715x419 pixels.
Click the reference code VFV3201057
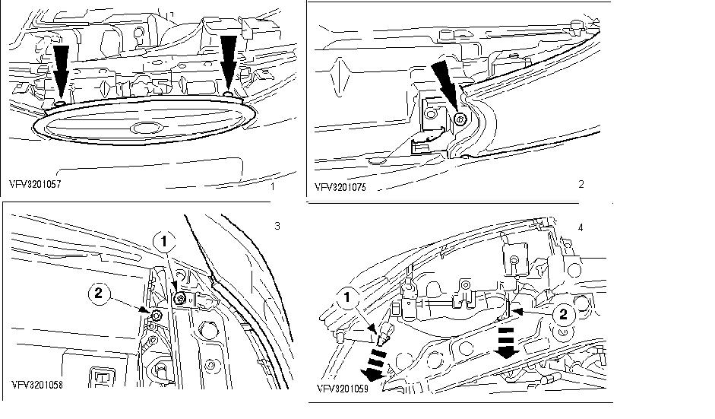36,184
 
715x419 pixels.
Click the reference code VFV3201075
341,185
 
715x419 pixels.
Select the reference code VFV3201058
36,384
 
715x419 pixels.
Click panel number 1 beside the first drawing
271,184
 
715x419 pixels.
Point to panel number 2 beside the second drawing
581,184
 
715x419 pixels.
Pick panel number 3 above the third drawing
277,226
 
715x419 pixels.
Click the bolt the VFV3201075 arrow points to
460,119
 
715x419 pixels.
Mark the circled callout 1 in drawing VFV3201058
164,241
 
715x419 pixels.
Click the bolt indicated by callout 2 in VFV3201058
155,314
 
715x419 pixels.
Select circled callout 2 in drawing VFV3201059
562,313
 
